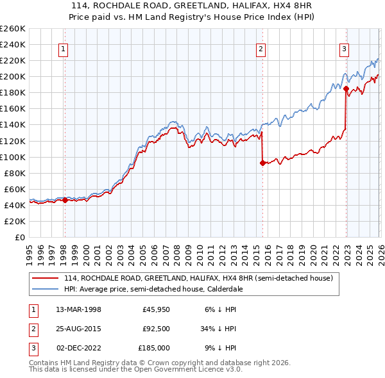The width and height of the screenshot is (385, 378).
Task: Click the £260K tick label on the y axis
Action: coord(12,29)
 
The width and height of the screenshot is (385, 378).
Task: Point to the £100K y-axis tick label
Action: coord(12,157)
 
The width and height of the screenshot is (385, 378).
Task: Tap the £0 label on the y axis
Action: coord(19,237)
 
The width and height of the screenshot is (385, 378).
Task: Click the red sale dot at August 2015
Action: coord(262,163)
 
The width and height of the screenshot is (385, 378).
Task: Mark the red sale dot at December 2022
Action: coord(346,88)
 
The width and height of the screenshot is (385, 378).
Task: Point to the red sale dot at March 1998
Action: coord(65,201)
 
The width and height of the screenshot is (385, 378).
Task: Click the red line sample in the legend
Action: coord(46,279)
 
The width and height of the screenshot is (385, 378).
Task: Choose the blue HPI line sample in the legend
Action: coord(46,289)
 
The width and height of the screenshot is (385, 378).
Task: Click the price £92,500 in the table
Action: coord(156,329)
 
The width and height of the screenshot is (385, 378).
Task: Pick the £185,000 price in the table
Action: coord(155,348)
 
